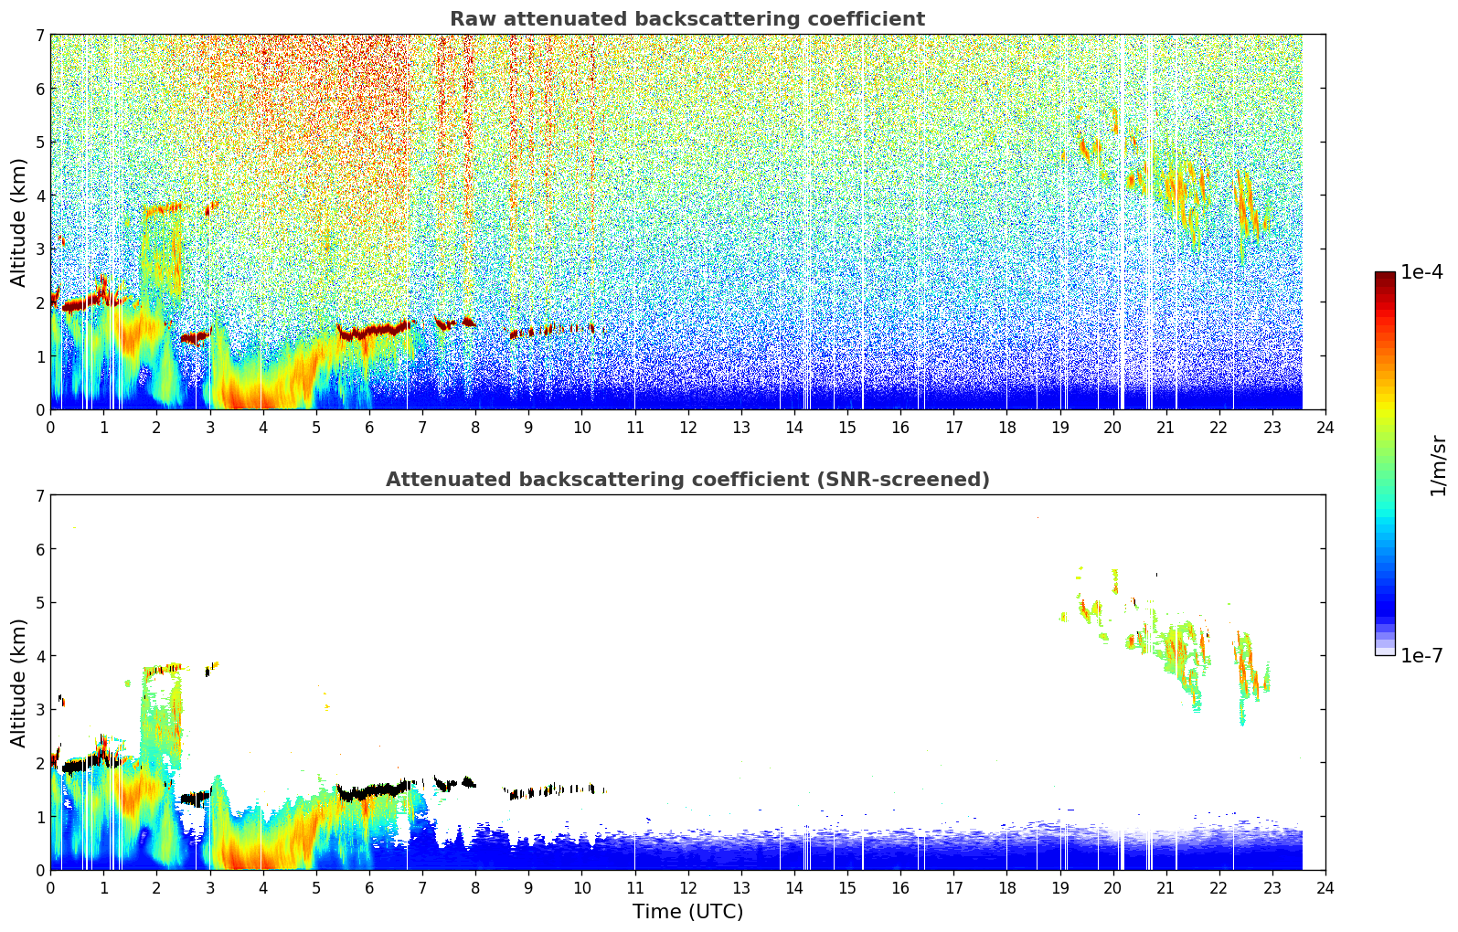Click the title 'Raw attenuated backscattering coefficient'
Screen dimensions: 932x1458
pos(686,19)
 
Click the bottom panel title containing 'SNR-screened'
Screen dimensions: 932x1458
pos(686,480)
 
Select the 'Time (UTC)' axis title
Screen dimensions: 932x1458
pos(687,912)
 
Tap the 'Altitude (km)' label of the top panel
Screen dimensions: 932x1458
pos(19,222)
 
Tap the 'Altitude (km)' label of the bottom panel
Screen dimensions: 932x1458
pos(19,683)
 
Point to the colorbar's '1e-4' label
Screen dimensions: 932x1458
pos(1421,272)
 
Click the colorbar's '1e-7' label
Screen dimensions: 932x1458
pos(1421,655)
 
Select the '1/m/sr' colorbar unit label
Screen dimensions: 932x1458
pos(1438,464)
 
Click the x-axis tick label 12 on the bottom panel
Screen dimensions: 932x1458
pos(687,887)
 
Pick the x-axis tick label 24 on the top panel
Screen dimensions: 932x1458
pos(1325,427)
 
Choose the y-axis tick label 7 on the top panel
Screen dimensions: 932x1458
pos(39,36)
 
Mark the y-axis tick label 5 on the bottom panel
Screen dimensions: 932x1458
pos(39,603)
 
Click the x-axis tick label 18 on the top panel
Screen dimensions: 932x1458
pos(1006,427)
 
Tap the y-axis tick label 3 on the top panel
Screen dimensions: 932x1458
pos(39,249)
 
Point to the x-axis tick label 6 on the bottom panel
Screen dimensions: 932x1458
pos(369,887)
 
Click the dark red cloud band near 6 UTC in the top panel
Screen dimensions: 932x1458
pos(370,331)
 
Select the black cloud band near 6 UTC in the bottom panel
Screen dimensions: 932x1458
pos(370,789)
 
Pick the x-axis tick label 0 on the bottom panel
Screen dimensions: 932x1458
pos(50,887)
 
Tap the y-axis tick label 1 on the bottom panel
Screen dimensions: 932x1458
pos(39,817)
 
